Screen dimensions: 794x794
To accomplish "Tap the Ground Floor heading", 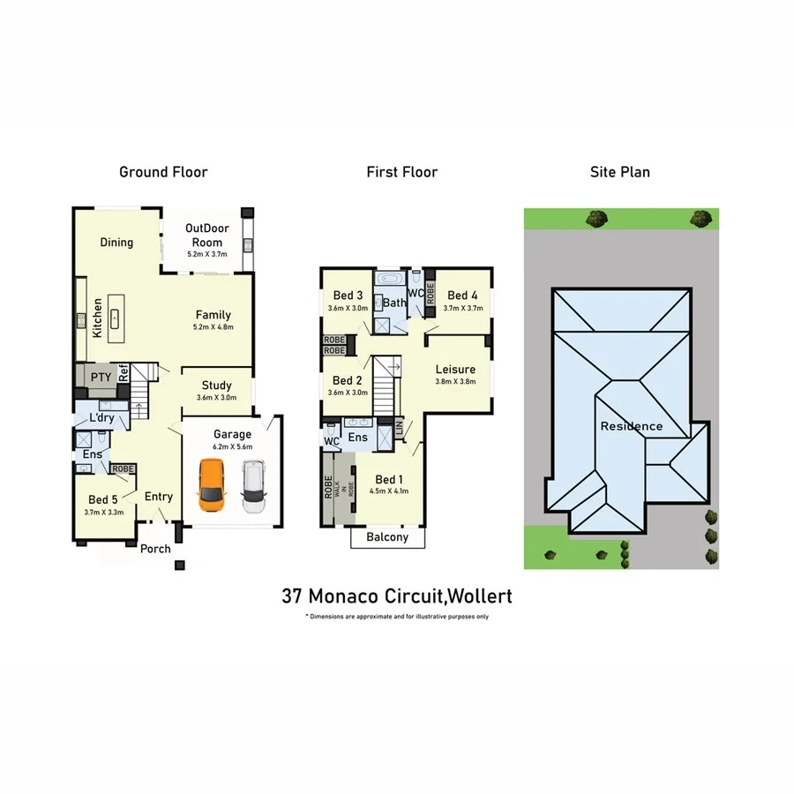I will coord(163,172).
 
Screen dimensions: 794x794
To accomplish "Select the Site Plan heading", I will coord(619,172).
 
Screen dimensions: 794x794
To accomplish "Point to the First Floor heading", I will coord(402,172).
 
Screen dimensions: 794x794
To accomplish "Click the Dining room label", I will coord(116,243).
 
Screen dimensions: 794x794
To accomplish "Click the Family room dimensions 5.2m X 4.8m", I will coord(213,327).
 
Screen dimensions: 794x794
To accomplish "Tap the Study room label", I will coord(216,386).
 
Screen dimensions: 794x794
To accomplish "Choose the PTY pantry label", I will coord(101,378).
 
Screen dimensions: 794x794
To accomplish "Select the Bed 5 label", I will coord(102,499).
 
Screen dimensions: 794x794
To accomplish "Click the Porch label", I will coord(156,549).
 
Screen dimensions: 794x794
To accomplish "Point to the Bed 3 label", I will coord(348,296).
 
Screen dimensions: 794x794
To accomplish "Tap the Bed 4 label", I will coord(462,296).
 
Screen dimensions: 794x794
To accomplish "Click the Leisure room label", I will coord(455,370).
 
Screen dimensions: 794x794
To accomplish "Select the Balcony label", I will coord(387,537).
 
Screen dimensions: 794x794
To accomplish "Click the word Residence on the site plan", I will coord(632,427).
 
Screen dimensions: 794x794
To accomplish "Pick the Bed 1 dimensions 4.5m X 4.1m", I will coord(388,491).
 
